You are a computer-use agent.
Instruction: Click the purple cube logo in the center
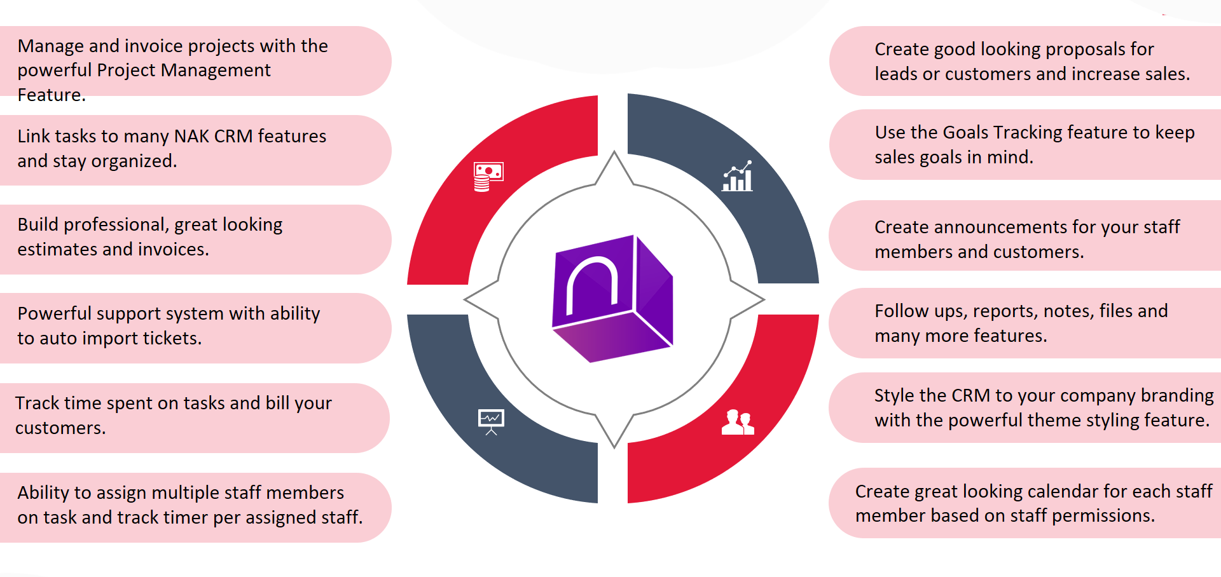point(612,298)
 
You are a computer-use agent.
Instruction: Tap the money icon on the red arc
point(488,176)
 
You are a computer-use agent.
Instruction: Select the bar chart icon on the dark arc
point(738,176)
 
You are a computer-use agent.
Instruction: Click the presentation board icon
point(491,421)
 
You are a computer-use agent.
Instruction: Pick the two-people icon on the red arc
point(738,422)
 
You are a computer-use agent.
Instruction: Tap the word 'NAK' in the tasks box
point(191,137)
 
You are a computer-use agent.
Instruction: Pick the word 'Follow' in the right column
point(901,311)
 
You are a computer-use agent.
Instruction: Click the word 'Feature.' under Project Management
point(52,95)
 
